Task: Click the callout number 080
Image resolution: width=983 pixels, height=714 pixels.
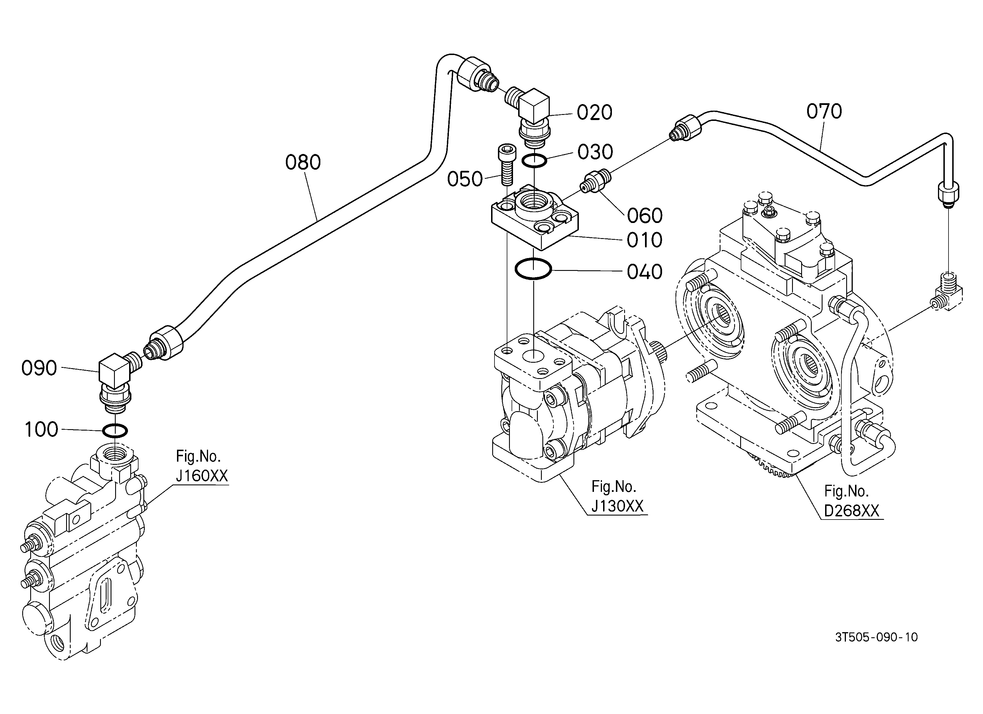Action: [x=303, y=162]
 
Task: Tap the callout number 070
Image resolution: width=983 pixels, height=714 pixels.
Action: [x=824, y=111]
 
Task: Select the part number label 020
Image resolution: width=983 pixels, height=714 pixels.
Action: [x=594, y=112]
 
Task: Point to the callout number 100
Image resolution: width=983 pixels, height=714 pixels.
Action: [x=41, y=430]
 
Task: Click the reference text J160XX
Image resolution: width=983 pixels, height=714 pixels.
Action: [x=202, y=476]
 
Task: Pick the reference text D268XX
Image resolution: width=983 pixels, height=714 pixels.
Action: [x=851, y=511]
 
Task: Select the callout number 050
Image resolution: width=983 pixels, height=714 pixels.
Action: [x=465, y=179]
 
